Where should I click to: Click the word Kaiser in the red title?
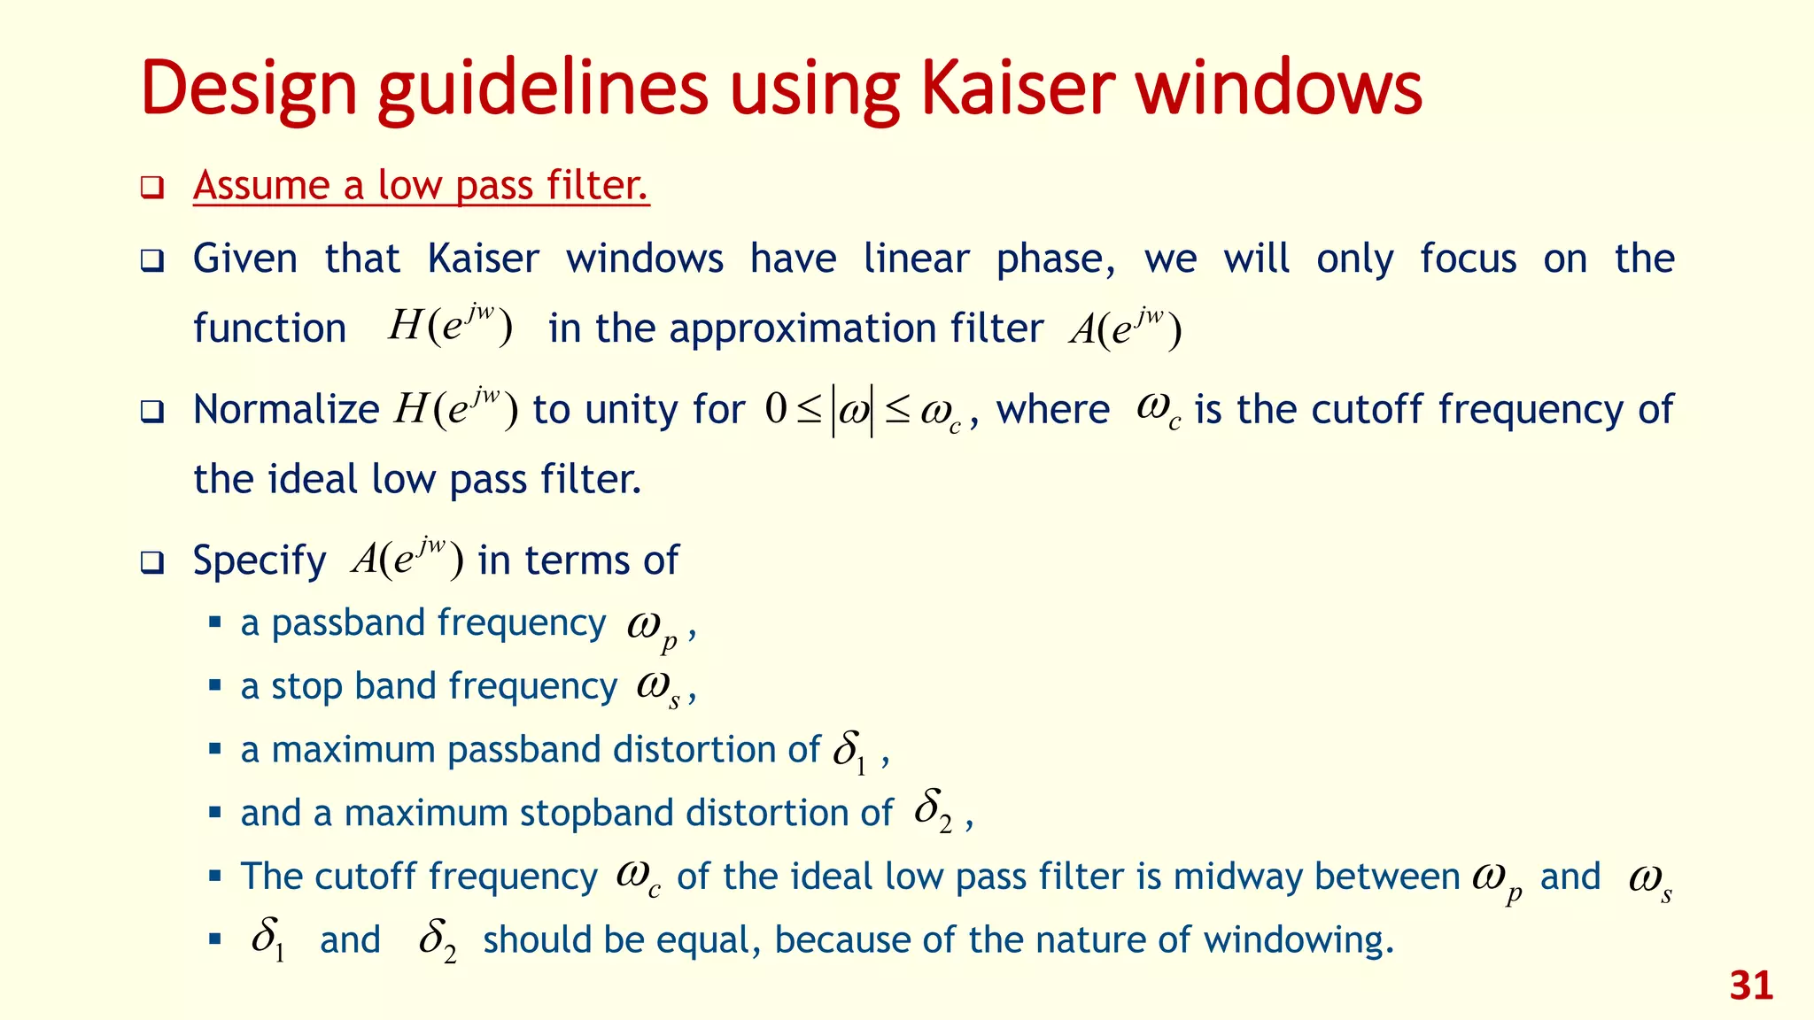pos(1017,89)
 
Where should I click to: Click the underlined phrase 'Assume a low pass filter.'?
pos(422,186)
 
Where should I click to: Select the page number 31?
pos(1751,985)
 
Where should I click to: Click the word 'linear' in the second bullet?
pos(916,259)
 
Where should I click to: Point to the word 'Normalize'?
pos(286,410)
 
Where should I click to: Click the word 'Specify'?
pos(260,561)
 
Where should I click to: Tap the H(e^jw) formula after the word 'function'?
pos(450,326)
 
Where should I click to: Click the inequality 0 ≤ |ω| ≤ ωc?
pos(864,412)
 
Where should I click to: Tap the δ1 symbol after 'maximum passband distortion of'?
pos(849,753)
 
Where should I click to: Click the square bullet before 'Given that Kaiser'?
pos(152,261)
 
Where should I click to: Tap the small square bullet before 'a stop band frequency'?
pos(214,685)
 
